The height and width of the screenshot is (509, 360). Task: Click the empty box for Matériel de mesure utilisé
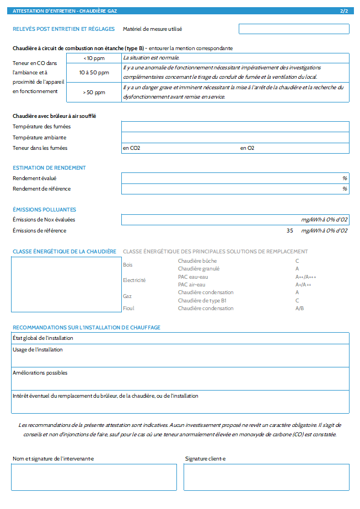click(x=294, y=29)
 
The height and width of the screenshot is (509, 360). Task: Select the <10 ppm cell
click(x=94, y=58)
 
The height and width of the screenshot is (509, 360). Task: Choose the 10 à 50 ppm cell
click(x=94, y=73)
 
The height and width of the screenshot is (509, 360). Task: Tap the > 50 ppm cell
click(x=94, y=93)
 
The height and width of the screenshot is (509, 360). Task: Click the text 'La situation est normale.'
click(x=151, y=58)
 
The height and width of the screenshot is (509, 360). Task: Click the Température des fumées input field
click(x=235, y=127)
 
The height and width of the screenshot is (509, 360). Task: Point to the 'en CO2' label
click(x=132, y=148)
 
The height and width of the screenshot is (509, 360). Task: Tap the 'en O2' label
click(x=247, y=148)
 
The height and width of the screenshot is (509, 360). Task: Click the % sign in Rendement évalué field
click(x=345, y=178)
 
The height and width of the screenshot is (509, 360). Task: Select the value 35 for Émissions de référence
click(x=290, y=231)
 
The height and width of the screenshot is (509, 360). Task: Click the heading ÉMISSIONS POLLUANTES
click(x=44, y=210)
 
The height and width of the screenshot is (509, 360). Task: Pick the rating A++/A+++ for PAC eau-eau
click(x=306, y=277)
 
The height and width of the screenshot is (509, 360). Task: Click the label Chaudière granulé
click(x=198, y=269)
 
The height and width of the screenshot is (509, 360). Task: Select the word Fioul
click(x=128, y=308)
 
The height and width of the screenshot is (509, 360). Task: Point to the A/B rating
click(x=299, y=308)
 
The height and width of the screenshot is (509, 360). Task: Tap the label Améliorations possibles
click(x=40, y=373)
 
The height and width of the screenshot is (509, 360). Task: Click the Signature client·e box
click(x=266, y=477)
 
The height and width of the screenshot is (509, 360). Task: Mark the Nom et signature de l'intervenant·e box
click(x=94, y=477)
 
